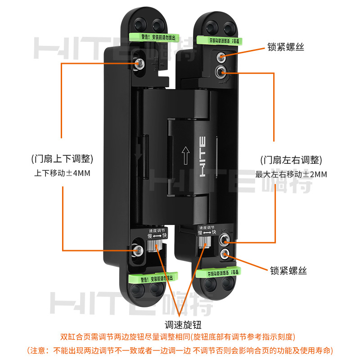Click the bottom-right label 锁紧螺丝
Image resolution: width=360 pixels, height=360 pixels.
[x=288, y=270]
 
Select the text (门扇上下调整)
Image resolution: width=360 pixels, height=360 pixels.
[x=63, y=159]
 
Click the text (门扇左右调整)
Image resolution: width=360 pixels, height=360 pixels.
[x=291, y=160]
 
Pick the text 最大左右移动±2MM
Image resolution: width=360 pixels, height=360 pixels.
[x=291, y=174]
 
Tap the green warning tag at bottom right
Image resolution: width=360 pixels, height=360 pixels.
[x=219, y=272]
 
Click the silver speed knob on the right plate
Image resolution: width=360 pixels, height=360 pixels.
[x=206, y=242]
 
